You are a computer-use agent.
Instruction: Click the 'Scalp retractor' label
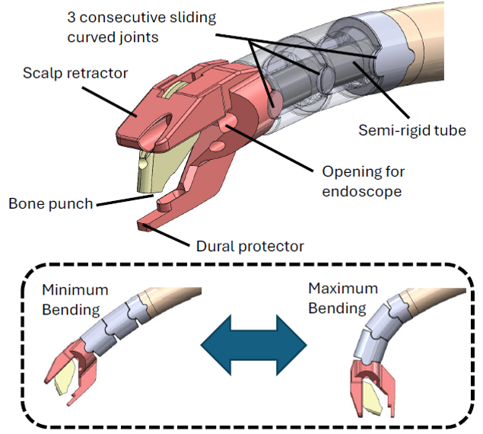click(x=75, y=73)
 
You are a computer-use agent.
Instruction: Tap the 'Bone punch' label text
click(x=51, y=203)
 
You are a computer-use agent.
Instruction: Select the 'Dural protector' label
click(x=250, y=246)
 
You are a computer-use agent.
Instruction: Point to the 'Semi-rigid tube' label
click(x=412, y=130)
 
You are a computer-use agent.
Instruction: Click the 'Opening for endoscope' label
click(x=364, y=181)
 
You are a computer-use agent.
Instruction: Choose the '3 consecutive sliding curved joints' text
click(x=141, y=27)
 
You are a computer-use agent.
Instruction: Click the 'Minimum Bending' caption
click(x=75, y=299)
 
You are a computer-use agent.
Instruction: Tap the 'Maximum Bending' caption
click(x=343, y=298)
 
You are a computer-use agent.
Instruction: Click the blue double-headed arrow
click(x=254, y=345)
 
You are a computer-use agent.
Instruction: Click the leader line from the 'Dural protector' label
click(x=167, y=235)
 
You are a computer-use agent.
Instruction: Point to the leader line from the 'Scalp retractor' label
click(x=110, y=101)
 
